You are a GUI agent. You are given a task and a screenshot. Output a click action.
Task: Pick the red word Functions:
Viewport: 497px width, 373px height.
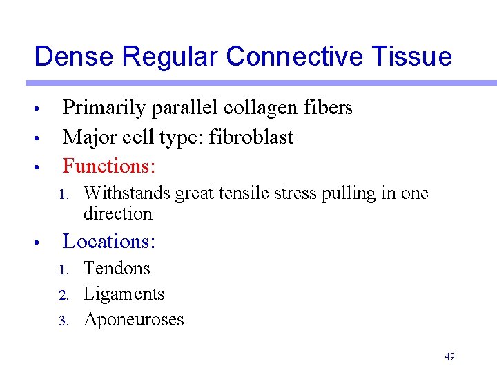tap(109, 166)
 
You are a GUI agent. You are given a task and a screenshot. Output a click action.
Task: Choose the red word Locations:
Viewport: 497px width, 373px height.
tap(109, 241)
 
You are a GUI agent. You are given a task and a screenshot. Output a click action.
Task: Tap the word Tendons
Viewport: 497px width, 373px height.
tap(117, 268)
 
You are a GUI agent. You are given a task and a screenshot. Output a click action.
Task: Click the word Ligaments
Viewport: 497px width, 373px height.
tap(124, 294)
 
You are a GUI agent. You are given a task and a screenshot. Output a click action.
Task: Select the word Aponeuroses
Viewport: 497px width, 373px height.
tap(134, 319)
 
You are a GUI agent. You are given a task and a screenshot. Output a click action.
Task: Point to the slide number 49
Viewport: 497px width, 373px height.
tap(449, 356)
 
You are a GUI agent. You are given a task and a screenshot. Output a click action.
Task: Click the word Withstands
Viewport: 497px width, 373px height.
tap(127, 193)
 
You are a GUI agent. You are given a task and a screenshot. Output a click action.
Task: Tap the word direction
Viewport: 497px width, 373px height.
tap(118, 213)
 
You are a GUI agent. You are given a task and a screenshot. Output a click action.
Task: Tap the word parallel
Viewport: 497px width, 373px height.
tap(184, 108)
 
